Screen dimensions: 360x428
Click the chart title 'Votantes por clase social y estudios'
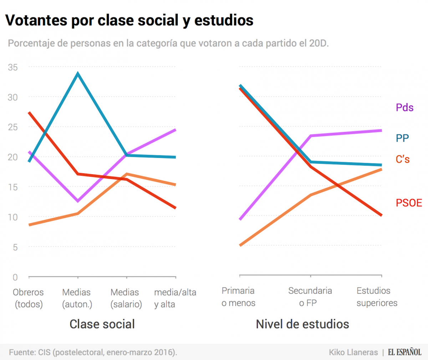(129, 20)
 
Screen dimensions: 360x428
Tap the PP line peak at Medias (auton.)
(78, 74)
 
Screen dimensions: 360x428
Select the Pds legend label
(404, 107)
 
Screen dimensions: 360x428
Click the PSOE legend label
(409, 203)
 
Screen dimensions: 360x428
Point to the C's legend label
(403, 159)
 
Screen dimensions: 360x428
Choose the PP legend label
(402, 138)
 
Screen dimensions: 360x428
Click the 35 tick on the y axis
(13, 67)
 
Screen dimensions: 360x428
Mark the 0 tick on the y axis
(15, 277)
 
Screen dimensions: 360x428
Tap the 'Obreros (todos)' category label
(29, 298)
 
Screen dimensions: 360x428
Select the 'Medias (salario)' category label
(126, 298)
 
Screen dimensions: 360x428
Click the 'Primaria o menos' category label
(238, 297)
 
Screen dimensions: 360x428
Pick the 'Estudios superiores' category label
(377, 297)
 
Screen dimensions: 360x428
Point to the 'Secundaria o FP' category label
(310, 297)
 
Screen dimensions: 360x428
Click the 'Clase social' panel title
(102, 324)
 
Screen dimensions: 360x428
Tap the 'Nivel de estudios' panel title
(302, 324)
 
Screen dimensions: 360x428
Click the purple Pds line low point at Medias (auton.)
(78, 201)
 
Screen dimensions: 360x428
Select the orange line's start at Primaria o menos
(240, 245)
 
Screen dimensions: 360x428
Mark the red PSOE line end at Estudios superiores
(381, 215)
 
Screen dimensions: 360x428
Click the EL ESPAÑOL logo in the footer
(405, 352)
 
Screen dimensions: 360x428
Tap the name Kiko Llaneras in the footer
(353, 352)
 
